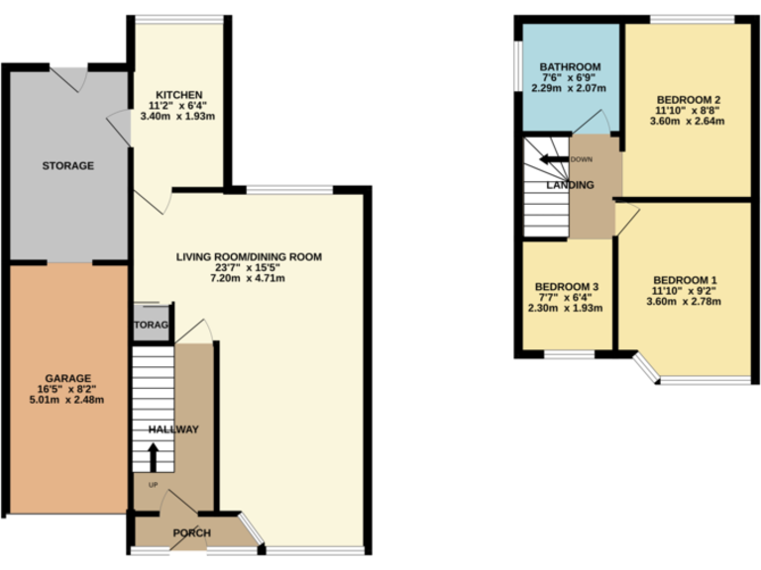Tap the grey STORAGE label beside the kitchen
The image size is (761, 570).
67,165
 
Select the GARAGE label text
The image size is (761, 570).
67,377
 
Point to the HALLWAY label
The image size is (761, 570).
173,429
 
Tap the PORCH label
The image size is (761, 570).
191,533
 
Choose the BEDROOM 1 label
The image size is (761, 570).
685,278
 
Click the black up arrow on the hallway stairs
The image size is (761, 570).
154,458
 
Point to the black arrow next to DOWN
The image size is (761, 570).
552,158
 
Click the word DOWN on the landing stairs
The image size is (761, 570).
582,159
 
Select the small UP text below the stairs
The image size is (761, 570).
152,485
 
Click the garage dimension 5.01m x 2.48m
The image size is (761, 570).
67,400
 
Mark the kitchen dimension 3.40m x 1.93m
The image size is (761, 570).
178,115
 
